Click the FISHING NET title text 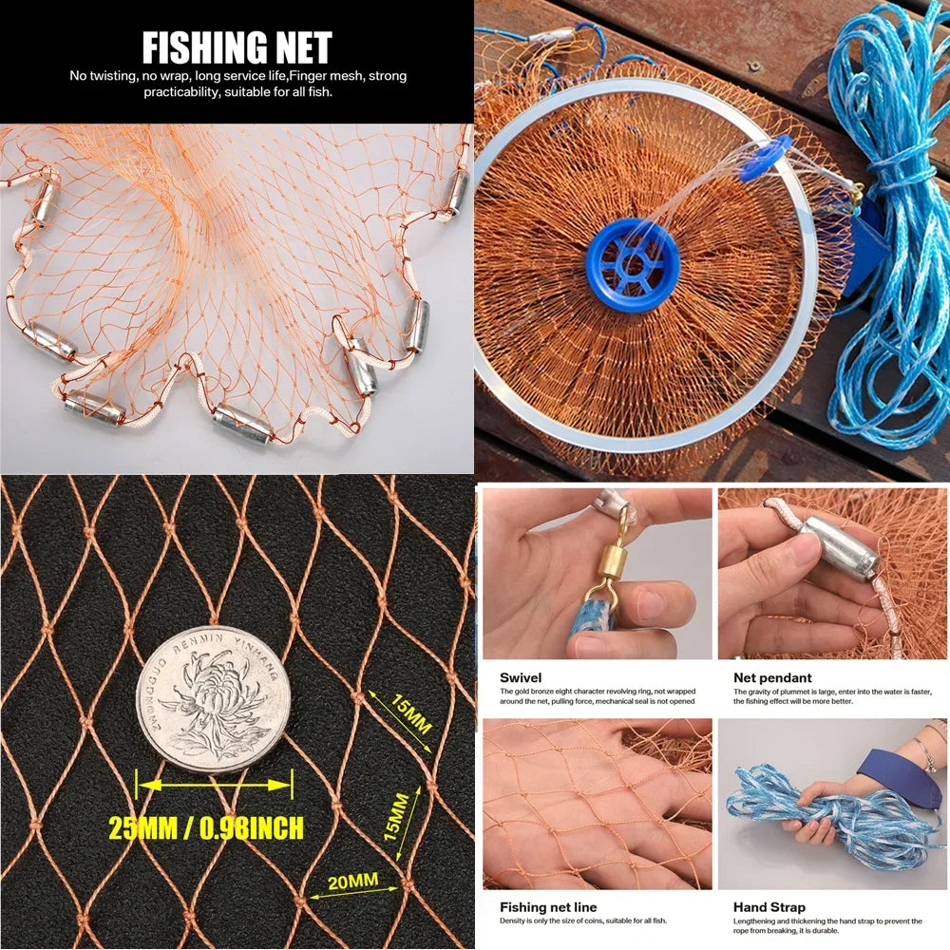pyautogui.click(x=237, y=47)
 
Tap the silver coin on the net pyautogui.click(x=211, y=699)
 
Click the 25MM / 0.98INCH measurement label pyautogui.click(x=206, y=827)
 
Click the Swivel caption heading pyautogui.click(x=521, y=678)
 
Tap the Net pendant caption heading pyautogui.click(x=772, y=678)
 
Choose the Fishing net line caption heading pyautogui.click(x=548, y=907)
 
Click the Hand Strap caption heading pyautogui.click(x=769, y=907)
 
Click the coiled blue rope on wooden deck pyautogui.click(x=884, y=237)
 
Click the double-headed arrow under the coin pyautogui.click(x=214, y=786)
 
